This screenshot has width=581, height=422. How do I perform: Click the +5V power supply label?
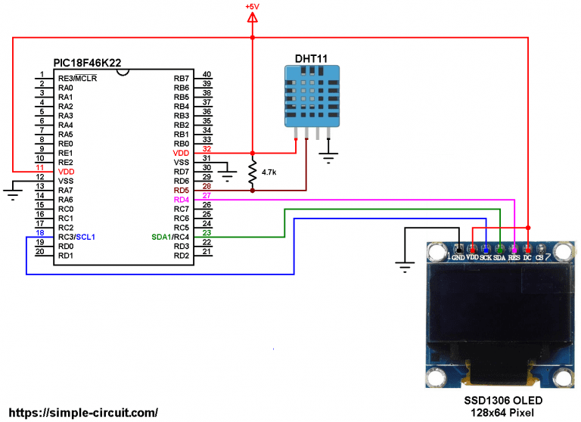coord(252,7)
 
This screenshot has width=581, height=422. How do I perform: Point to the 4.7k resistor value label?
coord(269,172)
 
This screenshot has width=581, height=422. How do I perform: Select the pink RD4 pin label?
coord(181,200)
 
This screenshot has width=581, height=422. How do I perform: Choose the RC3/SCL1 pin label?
coord(76,237)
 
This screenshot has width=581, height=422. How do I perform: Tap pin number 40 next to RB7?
coord(207,75)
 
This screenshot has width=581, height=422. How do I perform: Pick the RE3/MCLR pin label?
coord(77,79)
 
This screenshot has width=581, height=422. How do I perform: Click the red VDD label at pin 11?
coord(66,172)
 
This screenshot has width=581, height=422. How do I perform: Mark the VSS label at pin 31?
coord(181,163)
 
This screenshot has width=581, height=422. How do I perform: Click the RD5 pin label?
coord(181,191)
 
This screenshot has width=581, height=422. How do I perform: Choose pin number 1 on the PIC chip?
coord(41,75)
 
